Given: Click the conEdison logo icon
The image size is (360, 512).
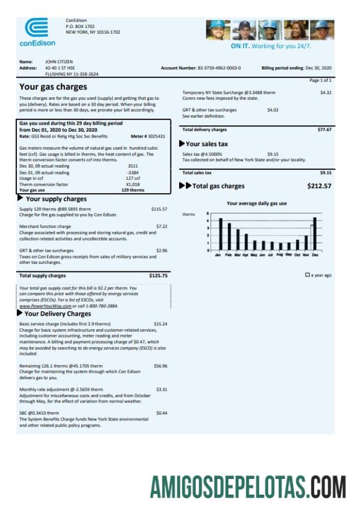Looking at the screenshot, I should pos(37,27).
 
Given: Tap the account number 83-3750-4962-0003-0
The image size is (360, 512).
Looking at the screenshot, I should pos(219,68).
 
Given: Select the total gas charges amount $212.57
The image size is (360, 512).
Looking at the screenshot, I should pos(319,186).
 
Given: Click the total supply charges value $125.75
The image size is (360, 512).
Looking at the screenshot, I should pos(158,276).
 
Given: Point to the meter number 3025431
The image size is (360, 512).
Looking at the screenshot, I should pos(154,136).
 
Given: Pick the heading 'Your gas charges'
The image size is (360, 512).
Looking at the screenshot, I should pos(53,87).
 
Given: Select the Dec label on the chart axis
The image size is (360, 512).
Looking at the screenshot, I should pos(315,255).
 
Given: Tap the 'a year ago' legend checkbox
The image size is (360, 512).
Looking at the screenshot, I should pos(307,275).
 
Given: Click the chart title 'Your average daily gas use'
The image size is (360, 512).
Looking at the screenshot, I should pos(256,204).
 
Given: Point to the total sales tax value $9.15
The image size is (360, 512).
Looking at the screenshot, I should pos(325,173).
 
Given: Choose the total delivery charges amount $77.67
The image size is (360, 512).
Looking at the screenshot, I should pos(324,130).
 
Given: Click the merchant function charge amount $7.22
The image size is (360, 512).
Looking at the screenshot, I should pos(162,226).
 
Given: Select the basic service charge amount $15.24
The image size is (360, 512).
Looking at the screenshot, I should pos(161,324).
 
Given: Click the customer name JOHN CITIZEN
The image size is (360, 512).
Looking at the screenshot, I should pos(57,61).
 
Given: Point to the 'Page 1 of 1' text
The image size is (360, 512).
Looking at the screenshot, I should pos(321,80).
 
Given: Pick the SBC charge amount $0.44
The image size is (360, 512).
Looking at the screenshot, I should pos(162,413).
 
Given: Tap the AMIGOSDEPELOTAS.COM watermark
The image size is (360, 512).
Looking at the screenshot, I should pos(248,486).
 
